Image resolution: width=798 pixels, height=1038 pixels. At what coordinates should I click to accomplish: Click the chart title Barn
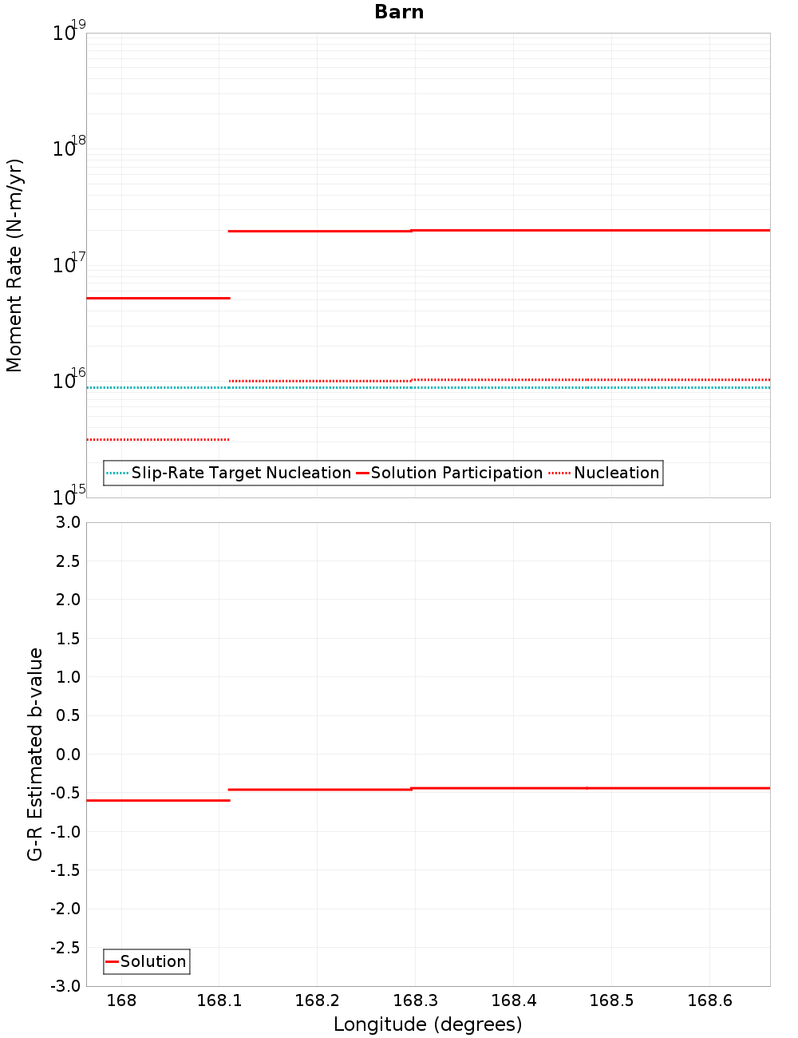point(399,12)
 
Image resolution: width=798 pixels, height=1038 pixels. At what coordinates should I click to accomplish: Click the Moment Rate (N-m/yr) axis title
point(14,265)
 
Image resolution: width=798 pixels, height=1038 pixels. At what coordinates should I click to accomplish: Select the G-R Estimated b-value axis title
point(35,754)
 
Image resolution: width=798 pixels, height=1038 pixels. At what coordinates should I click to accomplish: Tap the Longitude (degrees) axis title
point(428,1024)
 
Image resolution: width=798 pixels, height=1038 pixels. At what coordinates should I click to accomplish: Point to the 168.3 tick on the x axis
point(416,1000)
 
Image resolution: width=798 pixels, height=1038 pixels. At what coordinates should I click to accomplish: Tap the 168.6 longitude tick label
point(709,1000)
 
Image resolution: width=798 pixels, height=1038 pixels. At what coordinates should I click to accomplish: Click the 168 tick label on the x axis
point(121,1000)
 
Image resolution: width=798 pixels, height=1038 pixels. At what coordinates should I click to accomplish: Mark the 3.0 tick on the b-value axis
point(65,522)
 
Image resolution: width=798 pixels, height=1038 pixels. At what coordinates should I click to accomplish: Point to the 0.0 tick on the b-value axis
point(65,754)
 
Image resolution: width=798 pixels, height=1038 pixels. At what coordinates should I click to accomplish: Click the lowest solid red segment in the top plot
point(158,298)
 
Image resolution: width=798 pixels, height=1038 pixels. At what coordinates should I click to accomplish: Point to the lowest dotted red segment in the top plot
point(158,439)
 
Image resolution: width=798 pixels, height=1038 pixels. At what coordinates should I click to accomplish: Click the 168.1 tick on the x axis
point(219,1000)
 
